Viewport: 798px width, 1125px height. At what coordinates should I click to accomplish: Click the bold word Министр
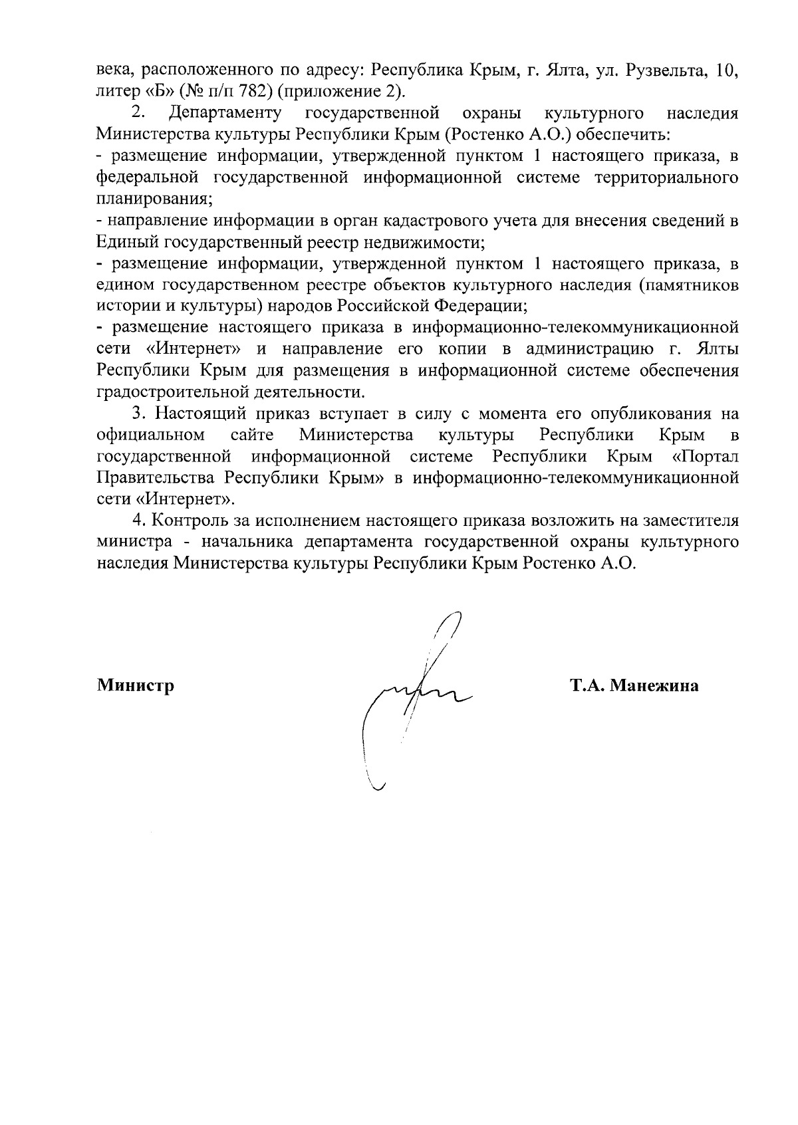click(136, 686)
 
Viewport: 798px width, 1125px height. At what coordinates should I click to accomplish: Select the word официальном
click(150, 436)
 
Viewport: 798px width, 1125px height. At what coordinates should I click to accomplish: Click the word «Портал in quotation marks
click(706, 457)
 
